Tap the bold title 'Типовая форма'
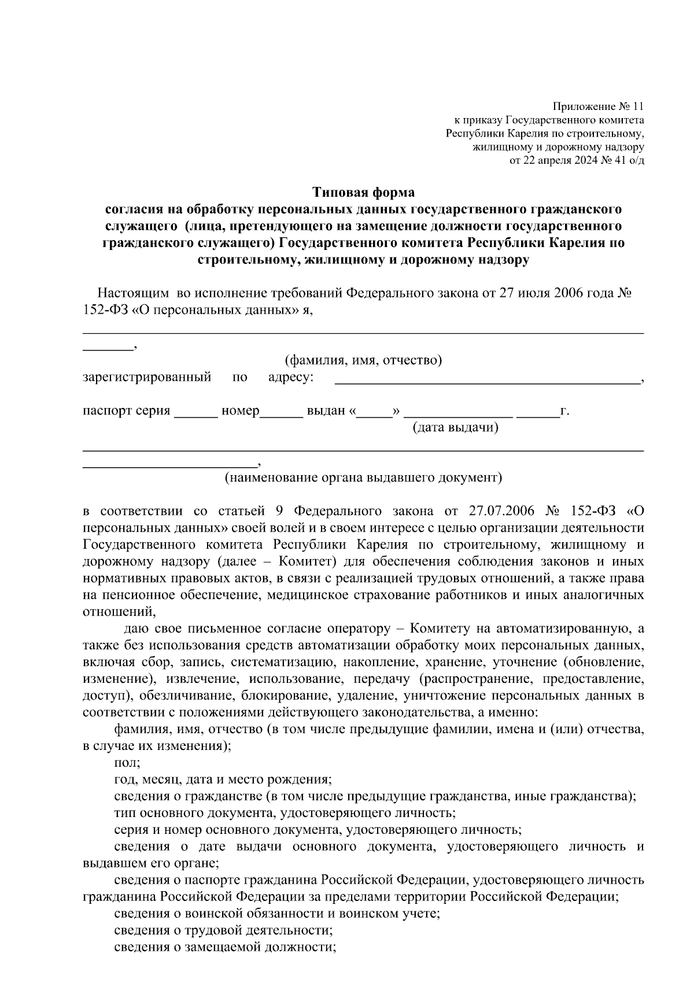tap(364, 192)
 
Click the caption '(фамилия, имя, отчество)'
tap(364, 361)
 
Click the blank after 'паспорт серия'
tap(195, 412)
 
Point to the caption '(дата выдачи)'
tap(455, 428)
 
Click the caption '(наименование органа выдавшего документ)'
tap(364, 477)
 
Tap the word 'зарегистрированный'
tap(147, 378)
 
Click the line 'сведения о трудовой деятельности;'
tap(223, 930)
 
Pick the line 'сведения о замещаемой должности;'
tap(226, 947)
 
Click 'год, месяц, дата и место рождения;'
tap(223, 779)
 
